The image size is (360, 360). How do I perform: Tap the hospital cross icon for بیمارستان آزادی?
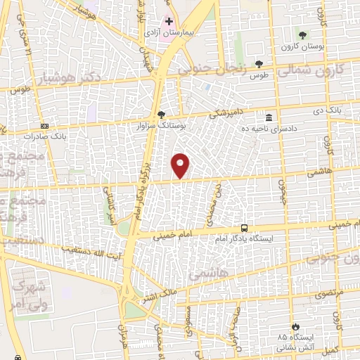tap(169, 22)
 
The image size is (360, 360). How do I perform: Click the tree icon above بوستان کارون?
tap(302, 35)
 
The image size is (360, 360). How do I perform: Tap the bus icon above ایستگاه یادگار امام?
tap(244, 228)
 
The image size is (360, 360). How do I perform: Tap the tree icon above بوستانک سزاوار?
tap(162, 115)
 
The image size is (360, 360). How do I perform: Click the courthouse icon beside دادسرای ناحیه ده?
tap(269, 117)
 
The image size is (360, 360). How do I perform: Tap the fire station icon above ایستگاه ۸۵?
tap(295, 327)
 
